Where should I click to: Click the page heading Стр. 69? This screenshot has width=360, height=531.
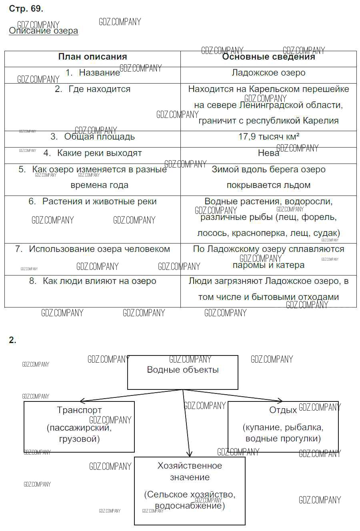click(26, 8)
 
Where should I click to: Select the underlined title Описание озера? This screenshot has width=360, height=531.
click(43, 31)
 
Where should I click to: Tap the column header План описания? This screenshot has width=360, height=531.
click(92, 57)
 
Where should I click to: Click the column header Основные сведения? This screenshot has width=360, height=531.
click(268, 57)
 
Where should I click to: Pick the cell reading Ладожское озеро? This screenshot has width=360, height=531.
click(268, 73)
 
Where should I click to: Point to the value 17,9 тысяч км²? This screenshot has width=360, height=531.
click(269, 137)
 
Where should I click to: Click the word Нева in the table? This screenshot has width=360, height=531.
click(268, 153)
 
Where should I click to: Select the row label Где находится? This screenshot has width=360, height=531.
click(99, 89)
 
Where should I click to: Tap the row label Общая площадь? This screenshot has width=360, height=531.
click(99, 137)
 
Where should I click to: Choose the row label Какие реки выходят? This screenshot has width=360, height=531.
click(99, 153)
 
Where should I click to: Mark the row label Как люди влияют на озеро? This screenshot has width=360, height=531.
click(99, 281)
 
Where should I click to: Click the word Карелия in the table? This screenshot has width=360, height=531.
click(321, 121)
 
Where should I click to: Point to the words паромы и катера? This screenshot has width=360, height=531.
click(268, 265)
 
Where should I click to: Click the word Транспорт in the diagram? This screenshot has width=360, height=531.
click(79, 410)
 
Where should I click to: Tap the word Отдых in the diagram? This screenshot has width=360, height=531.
click(283, 410)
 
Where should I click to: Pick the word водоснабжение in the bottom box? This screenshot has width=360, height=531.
click(189, 506)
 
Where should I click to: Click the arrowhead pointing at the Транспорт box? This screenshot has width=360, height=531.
click(82, 401)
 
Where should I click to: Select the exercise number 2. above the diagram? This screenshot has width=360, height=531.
click(12, 340)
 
